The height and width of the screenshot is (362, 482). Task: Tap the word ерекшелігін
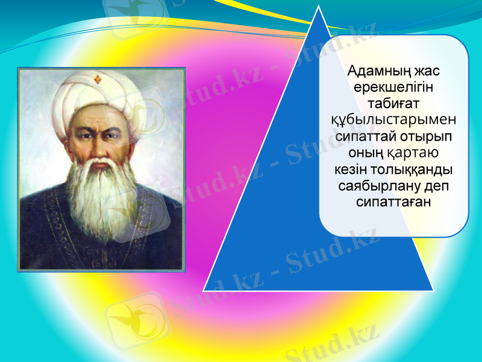click(394, 88)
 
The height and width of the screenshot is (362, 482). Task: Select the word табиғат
click(394, 104)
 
